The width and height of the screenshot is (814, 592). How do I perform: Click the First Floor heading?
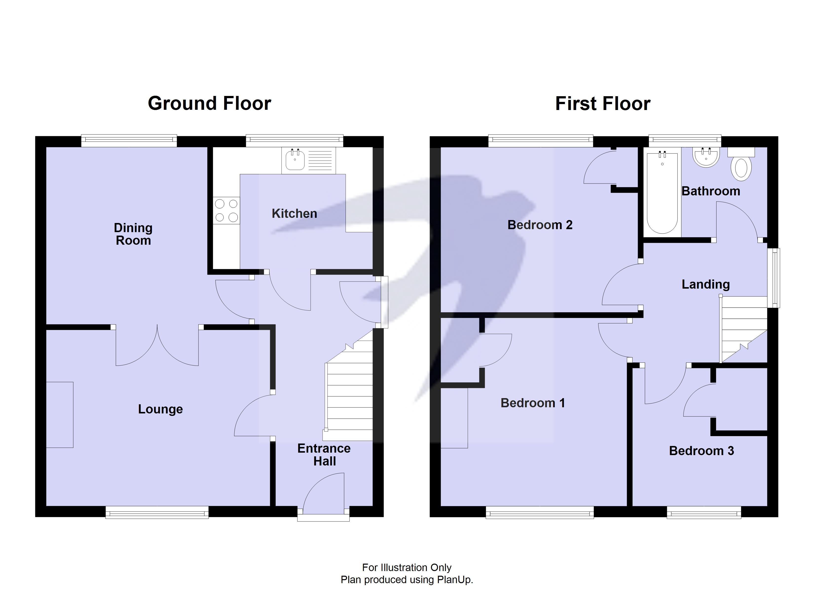point(603,104)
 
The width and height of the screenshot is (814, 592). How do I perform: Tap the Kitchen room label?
point(294,214)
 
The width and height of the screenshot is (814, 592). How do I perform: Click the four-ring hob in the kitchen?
point(226,210)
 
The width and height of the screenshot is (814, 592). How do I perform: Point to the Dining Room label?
point(133,234)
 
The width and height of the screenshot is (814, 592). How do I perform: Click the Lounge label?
point(160,409)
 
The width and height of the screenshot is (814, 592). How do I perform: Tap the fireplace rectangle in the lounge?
point(60,415)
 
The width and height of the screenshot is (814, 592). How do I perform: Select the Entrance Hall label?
point(324,455)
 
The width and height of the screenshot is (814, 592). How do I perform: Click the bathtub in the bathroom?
point(662,194)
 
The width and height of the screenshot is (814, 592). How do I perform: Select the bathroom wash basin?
point(706,158)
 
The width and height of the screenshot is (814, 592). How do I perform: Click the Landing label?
point(706,284)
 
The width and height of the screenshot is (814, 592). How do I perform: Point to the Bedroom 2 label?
point(540,225)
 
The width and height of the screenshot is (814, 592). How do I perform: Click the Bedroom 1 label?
point(533,403)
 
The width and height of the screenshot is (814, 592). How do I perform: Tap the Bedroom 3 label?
point(701,451)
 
